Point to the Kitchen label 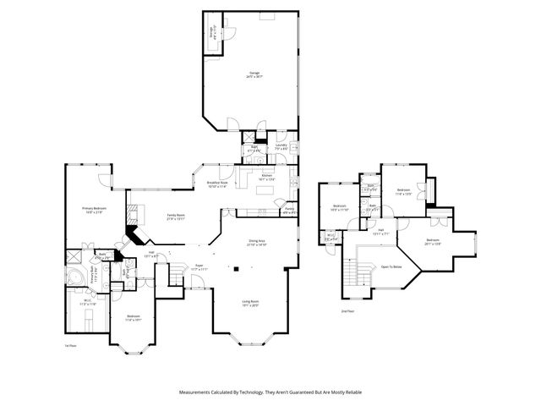click(x=266, y=178)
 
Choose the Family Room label click(x=176, y=217)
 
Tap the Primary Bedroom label click(x=93, y=210)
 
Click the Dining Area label click(x=257, y=243)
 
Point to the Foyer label click(x=199, y=266)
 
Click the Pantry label click(x=289, y=210)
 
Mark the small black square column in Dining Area click(x=238, y=270)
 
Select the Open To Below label click(x=391, y=266)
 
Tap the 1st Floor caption click(x=71, y=346)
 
